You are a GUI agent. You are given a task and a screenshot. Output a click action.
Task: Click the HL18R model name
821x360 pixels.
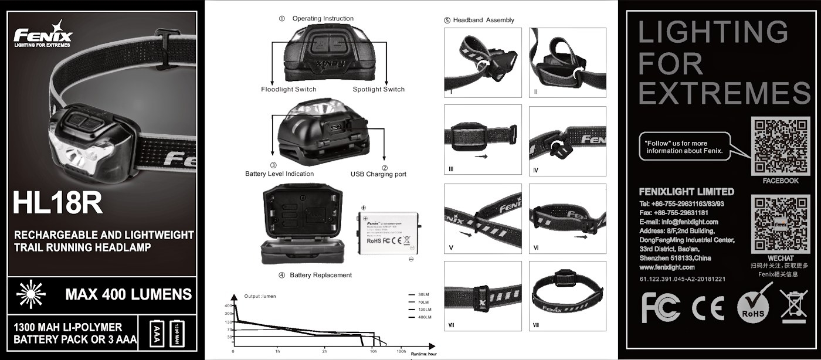click(57, 203)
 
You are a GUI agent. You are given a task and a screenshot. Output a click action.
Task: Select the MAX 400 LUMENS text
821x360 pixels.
click(128, 294)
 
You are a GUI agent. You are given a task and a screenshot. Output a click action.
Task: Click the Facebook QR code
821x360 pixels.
click(781, 145)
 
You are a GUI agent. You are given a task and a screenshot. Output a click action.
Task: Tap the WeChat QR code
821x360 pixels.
click(781, 223)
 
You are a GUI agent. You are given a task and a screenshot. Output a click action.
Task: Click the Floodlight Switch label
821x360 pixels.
click(289, 90)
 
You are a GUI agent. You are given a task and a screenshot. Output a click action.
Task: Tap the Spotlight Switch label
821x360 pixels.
click(378, 90)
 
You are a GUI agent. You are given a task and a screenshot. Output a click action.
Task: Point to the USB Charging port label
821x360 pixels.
click(378, 174)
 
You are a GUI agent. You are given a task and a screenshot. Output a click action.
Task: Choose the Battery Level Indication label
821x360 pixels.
click(279, 174)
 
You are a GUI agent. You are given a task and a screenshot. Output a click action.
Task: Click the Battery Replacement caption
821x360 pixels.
click(320, 275)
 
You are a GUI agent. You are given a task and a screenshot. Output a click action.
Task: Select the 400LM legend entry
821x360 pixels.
click(424, 317)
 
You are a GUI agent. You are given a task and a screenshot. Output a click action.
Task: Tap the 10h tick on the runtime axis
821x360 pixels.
click(374, 351)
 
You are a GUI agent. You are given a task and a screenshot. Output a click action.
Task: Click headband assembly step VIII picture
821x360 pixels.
click(567, 296)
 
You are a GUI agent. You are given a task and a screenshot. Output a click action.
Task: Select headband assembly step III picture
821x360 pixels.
click(483, 140)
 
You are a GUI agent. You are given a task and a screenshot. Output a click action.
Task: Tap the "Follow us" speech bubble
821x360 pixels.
click(684, 147)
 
